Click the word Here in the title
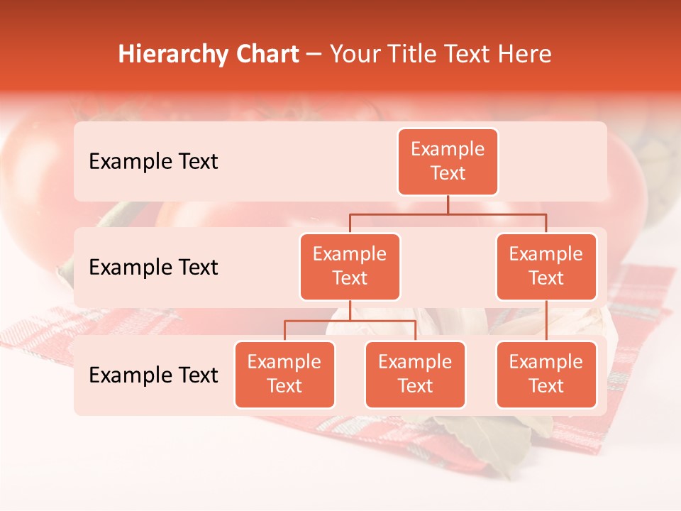click(x=524, y=55)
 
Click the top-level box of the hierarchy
click(x=448, y=162)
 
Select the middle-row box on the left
click(x=350, y=267)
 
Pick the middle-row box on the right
click(x=546, y=267)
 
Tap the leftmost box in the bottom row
click(x=284, y=375)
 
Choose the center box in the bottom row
click(x=415, y=375)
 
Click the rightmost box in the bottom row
click(x=546, y=375)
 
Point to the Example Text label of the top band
click(x=153, y=162)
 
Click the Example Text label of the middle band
click(x=153, y=268)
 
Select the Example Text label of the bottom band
click(x=153, y=375)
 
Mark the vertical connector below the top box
click(x=448, y=204)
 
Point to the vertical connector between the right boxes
click(x=546, y=321)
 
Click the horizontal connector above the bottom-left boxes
click(x=350, y=321)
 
